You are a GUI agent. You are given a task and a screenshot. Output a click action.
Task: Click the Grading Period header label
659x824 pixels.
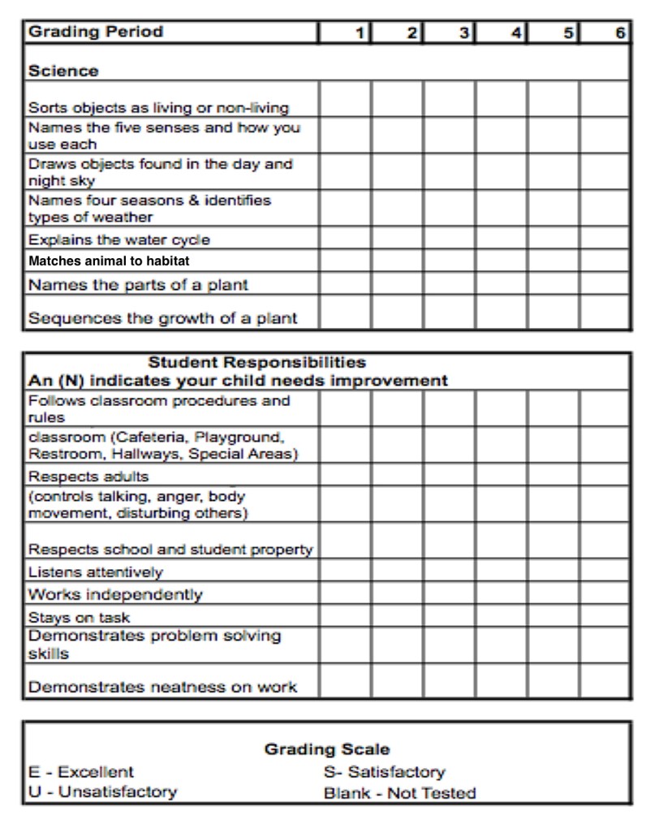(x=96, y=32)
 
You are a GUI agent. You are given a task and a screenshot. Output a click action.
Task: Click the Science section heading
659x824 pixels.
(x=63, y=71)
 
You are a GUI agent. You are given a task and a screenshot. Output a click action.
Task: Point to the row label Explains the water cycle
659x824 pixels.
(x=118, y=239)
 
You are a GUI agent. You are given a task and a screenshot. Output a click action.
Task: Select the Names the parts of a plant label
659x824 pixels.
(x=138, y=285)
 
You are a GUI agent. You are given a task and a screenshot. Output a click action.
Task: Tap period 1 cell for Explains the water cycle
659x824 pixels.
(x=345, y=240)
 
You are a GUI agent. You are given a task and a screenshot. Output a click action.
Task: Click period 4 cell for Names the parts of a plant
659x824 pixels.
(x=501, y=285)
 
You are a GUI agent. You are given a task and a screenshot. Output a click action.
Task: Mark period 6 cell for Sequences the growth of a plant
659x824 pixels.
(x=605, y=313)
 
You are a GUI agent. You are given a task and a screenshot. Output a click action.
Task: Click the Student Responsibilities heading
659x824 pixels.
(x=257, y=362)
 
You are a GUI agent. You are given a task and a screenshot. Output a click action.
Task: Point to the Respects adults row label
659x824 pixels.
(x=88, y=476)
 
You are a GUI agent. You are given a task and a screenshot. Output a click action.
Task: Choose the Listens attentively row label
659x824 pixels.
(x=95, y=572)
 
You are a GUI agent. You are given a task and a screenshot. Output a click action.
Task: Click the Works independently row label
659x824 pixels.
(x=115, y=594)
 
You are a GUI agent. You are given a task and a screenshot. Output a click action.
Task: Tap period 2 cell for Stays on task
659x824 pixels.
(x=397, y=616)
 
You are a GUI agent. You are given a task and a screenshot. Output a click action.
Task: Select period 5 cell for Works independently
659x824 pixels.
(x=553, y=593)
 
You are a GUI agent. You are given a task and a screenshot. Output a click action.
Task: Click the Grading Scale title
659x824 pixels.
(x=327, y=749)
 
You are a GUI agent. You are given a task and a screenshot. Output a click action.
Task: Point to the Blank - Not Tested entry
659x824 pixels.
(x=399, y=792)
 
